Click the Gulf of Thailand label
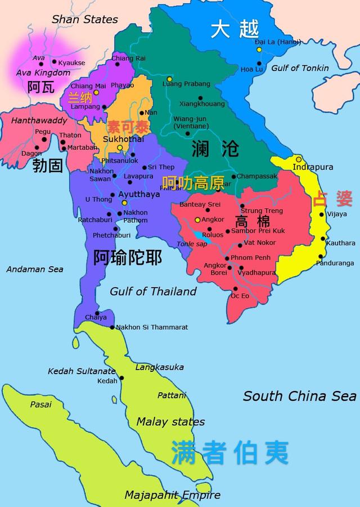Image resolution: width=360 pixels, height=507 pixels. (153, 291)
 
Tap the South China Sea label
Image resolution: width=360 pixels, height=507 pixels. (299, 396)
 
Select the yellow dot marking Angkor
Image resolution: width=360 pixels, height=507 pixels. (197, 219)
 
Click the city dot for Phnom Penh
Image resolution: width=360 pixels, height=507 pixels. (227, 258)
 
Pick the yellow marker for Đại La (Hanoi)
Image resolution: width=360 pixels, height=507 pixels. (259, 50)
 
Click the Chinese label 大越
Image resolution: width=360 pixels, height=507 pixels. (235, 29)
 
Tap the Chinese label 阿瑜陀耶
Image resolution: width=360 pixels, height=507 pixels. (128, 258)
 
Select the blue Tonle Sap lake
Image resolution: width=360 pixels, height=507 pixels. (202, 238)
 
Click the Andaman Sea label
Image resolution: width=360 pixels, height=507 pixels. (35, 270)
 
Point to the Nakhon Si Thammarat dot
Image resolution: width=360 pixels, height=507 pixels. (112, 327)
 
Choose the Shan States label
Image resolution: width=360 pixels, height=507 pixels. (84, 20)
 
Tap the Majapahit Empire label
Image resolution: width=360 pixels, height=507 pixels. (172, 495)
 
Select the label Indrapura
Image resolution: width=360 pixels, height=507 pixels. (313, 167)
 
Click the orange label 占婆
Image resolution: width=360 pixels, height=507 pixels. (332, 199)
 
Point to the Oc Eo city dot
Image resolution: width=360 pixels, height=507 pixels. (235, 289)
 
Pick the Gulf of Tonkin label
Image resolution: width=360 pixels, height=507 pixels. (300, 68)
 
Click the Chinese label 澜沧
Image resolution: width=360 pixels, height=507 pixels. (215, 149)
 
